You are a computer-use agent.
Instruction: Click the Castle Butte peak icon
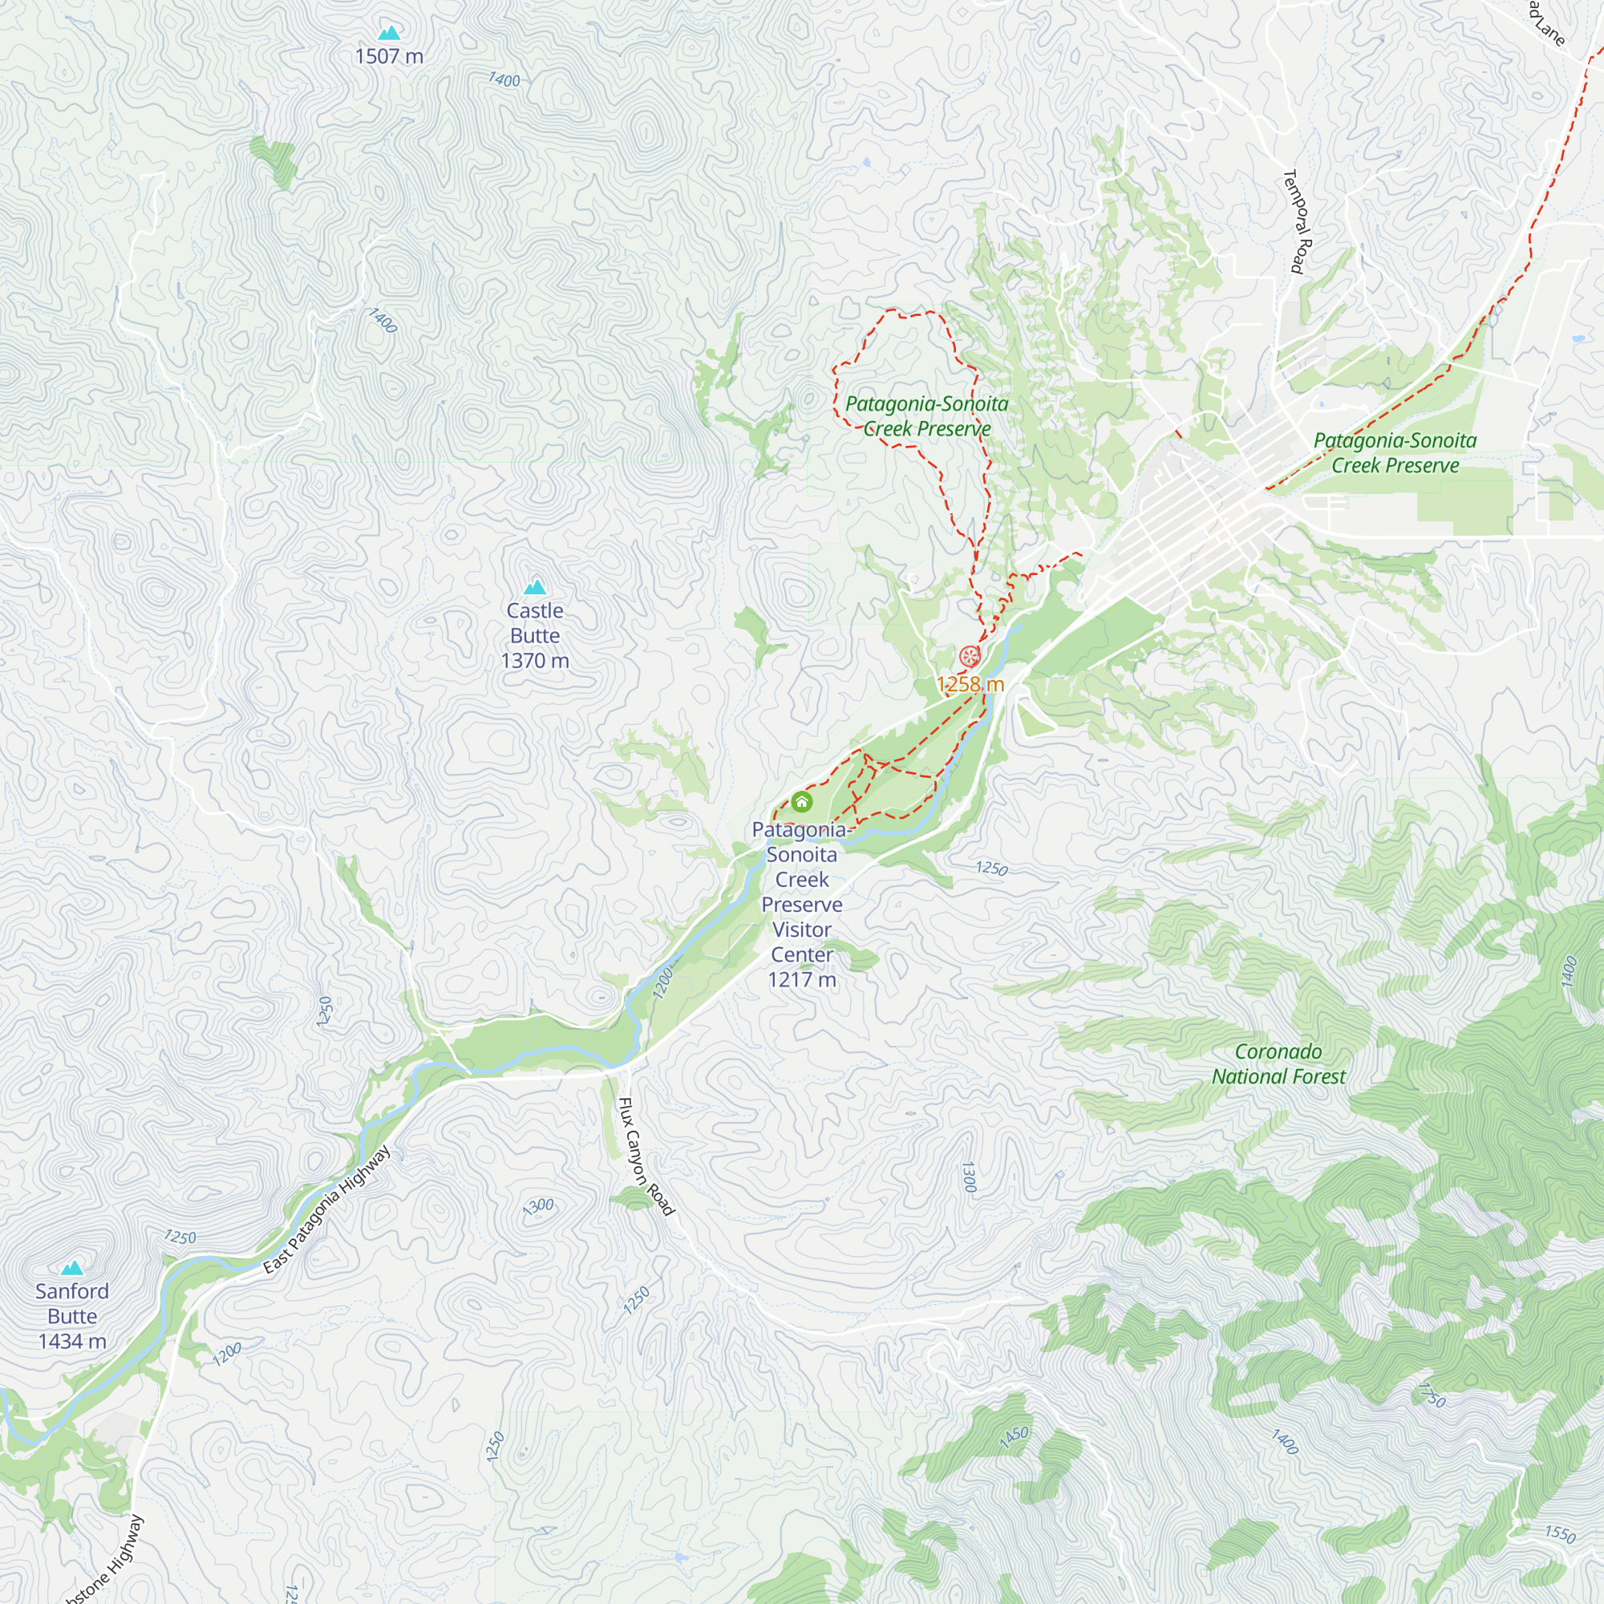(x=536, y=588)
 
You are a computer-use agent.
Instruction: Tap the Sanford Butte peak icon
(x=72, y=1268)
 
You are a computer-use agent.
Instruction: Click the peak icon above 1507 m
(x=390, y=33)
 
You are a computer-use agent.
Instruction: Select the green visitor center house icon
(x=801, y=801)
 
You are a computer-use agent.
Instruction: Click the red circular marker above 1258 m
(x=969, y=657)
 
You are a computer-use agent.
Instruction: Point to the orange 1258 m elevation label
(x=970, y=684)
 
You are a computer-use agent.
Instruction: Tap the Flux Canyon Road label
(x=646, y=1156)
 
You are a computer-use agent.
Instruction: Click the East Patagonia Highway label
(x=326, y=1209)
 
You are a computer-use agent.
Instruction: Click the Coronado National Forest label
(x=1278, y=1063)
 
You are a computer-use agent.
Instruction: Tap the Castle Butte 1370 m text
(x=536, y=635)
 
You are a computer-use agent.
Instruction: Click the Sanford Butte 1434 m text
(x=72, y=1316)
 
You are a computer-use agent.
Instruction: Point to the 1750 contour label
(x=1432, y=1395)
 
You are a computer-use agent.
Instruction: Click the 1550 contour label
(x=1560, y=1533)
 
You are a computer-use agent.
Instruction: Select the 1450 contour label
(x=1014, y=1438)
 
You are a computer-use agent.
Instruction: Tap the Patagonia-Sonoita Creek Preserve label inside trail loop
(x=926, y=416)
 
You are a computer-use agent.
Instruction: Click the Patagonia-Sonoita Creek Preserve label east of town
(x=1395, y=452)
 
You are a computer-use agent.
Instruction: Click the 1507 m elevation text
(x=390, y=56)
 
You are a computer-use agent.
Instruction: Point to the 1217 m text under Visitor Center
(x=802, y=980)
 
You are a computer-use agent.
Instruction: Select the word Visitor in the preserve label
(x=802, y=930)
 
